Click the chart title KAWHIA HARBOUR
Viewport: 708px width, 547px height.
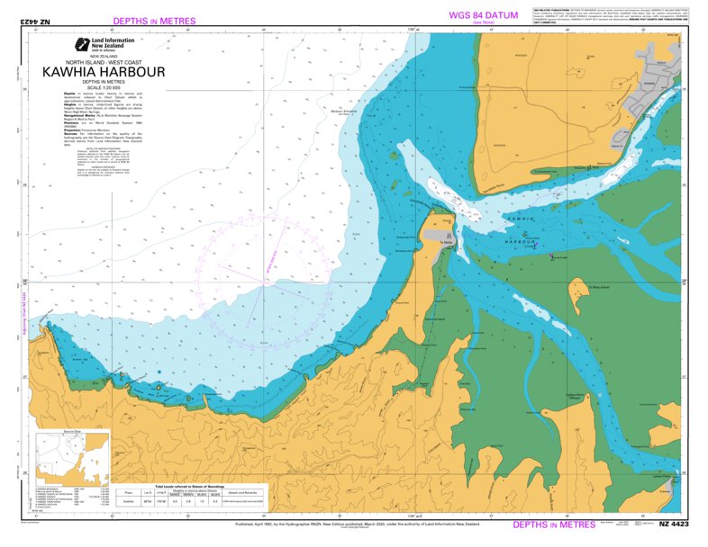[x=103, y=71]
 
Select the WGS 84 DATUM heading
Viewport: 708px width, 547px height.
[x=489, y=15]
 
